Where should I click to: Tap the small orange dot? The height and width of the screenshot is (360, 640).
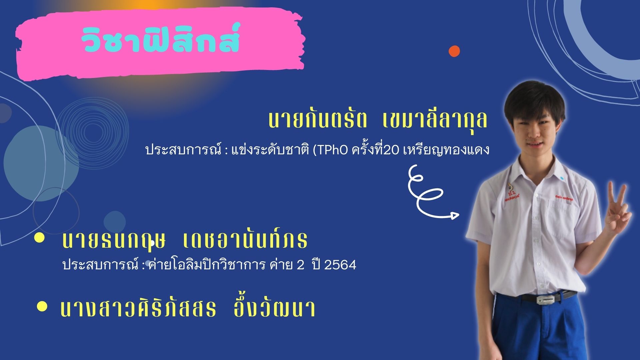pyautogui.click(x=454, y=51)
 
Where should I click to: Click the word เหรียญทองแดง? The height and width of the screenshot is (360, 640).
pyautogui.click(x=446, y=150)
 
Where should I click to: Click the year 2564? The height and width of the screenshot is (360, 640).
pyautogui.click(x=340, y=265)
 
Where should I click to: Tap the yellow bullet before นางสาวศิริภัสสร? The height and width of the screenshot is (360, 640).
pyautogui.click(x=42, y=306)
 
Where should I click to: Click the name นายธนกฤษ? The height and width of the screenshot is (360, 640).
pyautogui.click(x=114, y=240)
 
